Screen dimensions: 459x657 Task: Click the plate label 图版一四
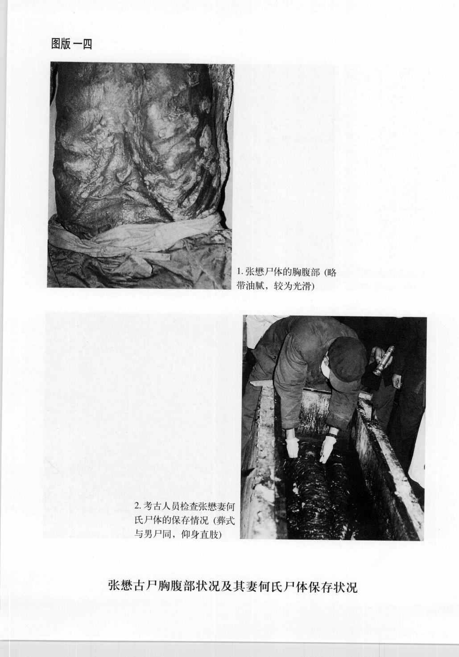click(x=72, y=45)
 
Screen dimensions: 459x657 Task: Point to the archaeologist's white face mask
click(x=327, y=368)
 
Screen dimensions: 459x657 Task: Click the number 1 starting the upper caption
click(x=239, y=273)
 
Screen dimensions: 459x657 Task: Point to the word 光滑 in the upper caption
click(x=299, y=286)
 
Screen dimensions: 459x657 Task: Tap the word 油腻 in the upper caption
click(x=258, y=286)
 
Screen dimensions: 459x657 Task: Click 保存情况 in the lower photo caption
click(x=188, y=520)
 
